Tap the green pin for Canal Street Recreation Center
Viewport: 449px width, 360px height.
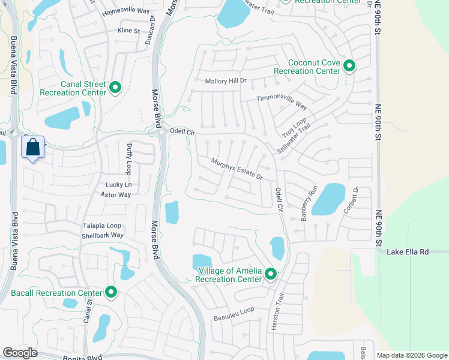[x=116, y=88]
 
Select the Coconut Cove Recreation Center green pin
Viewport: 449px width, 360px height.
[x=348, y=66]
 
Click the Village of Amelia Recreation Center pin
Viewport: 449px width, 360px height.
[x=271, y=274]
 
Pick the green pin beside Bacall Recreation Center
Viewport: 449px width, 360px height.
[x=111, y=292]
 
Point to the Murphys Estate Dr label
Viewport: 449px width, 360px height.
[x=237, y=169]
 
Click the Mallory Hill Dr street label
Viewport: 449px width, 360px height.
[x=226, y=81]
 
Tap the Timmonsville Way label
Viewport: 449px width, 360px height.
[x=282, y=102]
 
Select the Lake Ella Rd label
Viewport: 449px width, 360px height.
[x=408, y=252]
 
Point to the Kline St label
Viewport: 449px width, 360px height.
[x=128, y=30]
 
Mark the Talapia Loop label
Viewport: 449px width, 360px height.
[x=103, y=226]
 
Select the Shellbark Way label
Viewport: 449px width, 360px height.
[x=103, y=236]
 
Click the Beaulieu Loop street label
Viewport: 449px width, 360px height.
[x=234, y=310]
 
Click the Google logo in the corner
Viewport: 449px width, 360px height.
[x=20, y=353]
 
